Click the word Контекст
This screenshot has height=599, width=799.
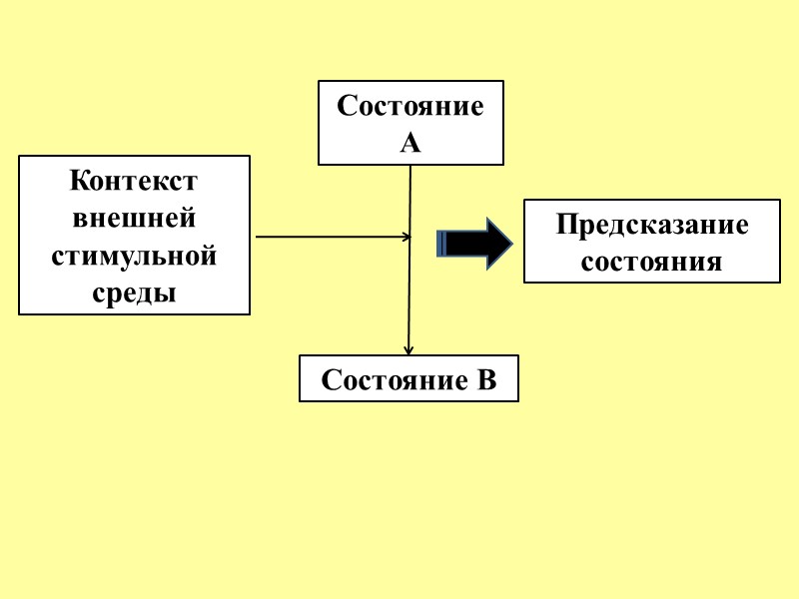pyautogui.click(x=134, y=183)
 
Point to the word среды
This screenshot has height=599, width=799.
pyautogui.click(x=134, y=294)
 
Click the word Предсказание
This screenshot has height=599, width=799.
pyautogui.click(x=651, y=225)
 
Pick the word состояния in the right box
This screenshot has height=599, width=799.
pyautogui.click(x=651, y=262)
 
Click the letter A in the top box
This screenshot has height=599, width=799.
pyautogui.click(x=410, y=143)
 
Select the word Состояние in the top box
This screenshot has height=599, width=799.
pyautogui.click(x=410, y=106)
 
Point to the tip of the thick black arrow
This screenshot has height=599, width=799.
pyautogui.click(x=510, y=243)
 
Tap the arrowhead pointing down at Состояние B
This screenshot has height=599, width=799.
pyautogui.click(x=407, y=350)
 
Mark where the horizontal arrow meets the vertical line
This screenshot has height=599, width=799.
pyautogui.click(x=409, y=237)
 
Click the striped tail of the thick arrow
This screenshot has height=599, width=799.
pyautogui.click(x=441, y=243)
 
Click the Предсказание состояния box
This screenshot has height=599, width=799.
pyautogui.click(x=651, y=242)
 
